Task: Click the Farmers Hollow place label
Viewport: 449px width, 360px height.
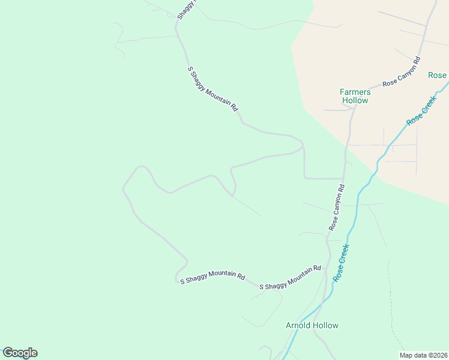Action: coord(355,96)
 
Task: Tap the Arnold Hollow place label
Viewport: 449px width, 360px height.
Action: coord(312,325)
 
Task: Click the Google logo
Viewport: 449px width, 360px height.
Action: coord(20,353)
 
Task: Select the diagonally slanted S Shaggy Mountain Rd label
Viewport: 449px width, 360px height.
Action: coord(213,89)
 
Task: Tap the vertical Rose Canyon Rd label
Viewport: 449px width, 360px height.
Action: coord(337,208)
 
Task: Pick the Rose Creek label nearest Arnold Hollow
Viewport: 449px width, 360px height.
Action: coord(341,263)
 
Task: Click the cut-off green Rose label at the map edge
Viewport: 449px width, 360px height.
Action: coord(438,75)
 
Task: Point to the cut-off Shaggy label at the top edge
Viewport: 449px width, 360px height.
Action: coord(186,10)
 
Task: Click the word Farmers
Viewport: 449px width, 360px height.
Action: coord(355,92)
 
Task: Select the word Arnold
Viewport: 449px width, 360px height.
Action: coord(298,325)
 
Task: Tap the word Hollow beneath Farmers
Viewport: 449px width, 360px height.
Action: coord(355,101)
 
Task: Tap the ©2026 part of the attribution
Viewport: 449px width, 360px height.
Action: coord(436,355)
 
